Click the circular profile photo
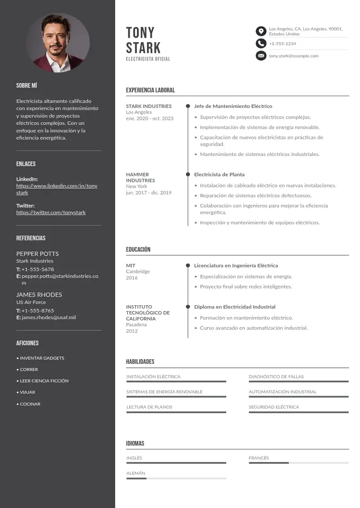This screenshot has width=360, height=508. [x=58, y=43]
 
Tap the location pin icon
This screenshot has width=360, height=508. [x=261, y=31]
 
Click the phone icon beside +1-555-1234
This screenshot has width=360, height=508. [x=261, y=44]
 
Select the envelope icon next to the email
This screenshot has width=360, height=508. [x=261, y=56]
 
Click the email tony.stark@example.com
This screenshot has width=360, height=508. [x=293, y=56]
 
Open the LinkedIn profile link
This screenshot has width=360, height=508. [x=57, y=189]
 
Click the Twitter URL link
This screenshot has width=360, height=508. [x=51, y=212]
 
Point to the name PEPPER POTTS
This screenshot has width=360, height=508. [x=38, y=254]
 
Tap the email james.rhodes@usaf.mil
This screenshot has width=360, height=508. [x=49, y=317]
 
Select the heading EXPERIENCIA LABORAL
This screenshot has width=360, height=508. [x=150, y=90]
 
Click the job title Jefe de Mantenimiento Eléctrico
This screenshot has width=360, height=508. [x=233, y=106]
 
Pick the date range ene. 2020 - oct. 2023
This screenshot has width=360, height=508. [x=150, y=118]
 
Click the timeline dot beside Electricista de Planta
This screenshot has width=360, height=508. [x=188, y=174]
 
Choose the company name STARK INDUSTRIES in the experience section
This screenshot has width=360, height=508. [x=149, y=106]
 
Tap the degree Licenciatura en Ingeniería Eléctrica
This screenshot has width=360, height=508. [x=236, y=265]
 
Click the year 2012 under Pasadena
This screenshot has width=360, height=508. [x=132, y=331]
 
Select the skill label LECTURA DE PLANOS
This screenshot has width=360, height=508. [x=149, y=407]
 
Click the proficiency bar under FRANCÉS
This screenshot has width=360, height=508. [x=298, y=463]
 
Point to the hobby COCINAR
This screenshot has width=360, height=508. [x=30, y=404]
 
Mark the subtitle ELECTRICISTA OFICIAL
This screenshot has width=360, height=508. [x=148, y=59]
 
